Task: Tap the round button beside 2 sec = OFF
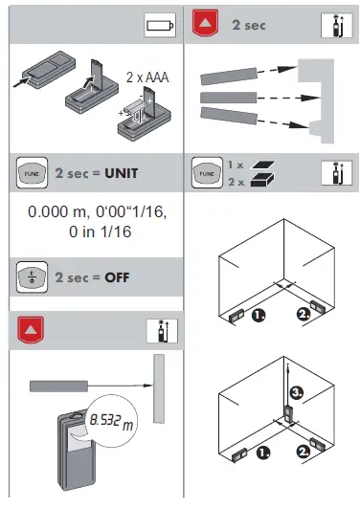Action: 30,277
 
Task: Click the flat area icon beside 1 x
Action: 257,165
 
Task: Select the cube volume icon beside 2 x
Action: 257,181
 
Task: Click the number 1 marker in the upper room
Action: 258,314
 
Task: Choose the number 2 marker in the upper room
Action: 304,314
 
